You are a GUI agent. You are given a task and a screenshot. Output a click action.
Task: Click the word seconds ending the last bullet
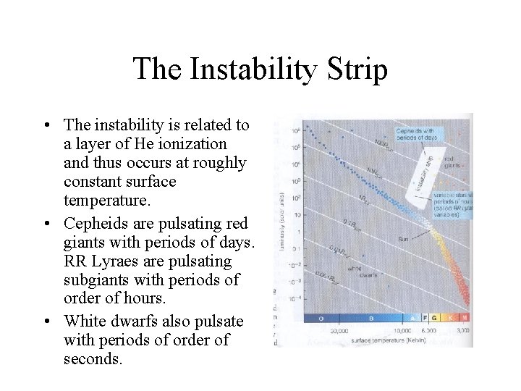pos(90,359)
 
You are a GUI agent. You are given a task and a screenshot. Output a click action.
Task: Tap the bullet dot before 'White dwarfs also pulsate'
pos(46,321)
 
